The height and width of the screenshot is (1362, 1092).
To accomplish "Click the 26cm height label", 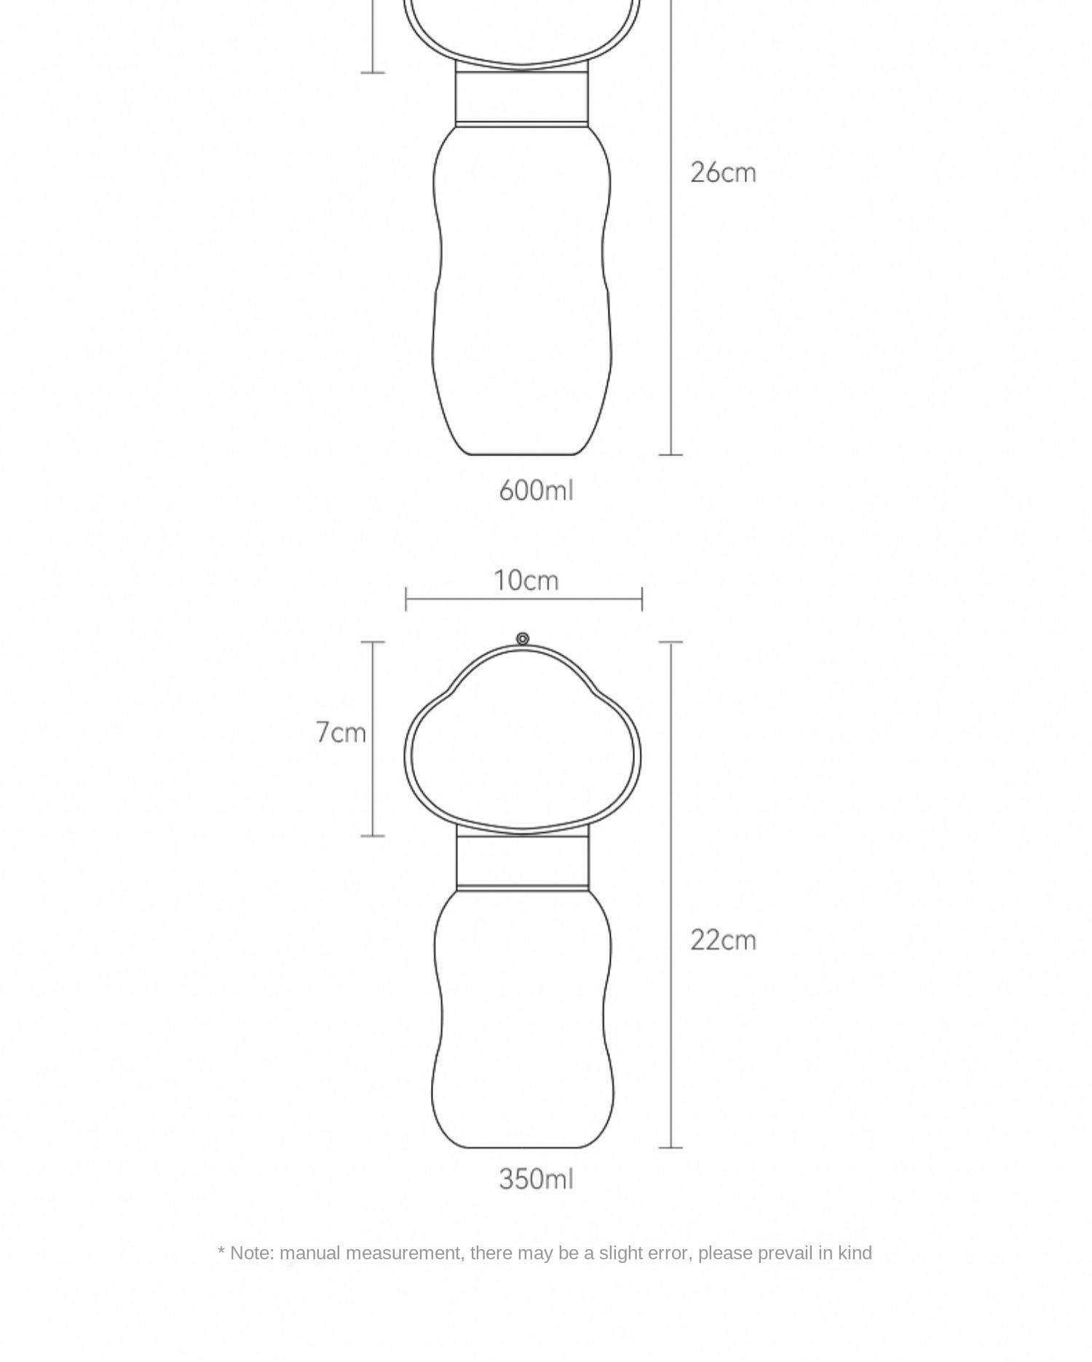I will pos(723,173).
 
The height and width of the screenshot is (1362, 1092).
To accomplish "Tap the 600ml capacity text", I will pos(537,490).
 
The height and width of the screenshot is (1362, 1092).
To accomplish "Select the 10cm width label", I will pos(526,580).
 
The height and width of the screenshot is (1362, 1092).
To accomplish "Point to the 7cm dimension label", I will pos(341,732).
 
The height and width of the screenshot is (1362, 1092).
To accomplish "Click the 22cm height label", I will pos(723,940).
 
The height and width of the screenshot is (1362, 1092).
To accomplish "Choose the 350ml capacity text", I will pos(537,1179).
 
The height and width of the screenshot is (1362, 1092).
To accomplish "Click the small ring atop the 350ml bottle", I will pos(523,639).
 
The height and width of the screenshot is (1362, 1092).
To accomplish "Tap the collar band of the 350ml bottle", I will pos(523,861).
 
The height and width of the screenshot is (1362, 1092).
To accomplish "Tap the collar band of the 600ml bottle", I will pos(522,97).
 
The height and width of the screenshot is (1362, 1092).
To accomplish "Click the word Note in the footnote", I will pos(252,1253).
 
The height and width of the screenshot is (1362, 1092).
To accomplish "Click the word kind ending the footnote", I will pos(855,1253).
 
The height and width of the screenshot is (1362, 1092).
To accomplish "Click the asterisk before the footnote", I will pos(221,1251).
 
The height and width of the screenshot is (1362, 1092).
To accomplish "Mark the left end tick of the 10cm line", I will pos(406,599).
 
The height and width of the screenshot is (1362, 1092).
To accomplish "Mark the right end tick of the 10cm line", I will pos(642,599).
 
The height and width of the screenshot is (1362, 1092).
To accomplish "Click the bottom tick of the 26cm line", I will pos(670,454).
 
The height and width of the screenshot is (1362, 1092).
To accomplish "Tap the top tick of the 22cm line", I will pos(670,642).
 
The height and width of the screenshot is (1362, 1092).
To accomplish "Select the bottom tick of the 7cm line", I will pos(373,835).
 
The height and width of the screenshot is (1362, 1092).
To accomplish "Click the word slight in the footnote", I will pos(621,1253).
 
